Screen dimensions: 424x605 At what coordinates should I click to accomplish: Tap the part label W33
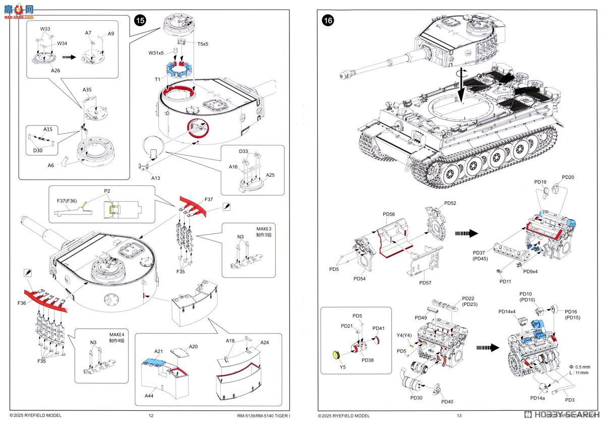(x=45, y=29)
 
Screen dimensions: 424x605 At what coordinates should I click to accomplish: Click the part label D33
(x=244, y=152)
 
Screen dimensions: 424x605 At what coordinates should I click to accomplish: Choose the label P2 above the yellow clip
(x=107, y=191)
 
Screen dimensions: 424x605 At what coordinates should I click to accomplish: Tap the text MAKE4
(x=116, y=335)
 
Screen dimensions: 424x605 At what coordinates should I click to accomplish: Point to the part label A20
(x=194, y=346)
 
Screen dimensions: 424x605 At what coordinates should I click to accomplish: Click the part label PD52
(x=450, y=203)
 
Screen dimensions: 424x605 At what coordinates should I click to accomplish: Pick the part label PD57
(x=425, y=282)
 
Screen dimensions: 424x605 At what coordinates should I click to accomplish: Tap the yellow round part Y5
(x=334, y=356)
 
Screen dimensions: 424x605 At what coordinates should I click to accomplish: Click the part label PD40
(x=447, y=401)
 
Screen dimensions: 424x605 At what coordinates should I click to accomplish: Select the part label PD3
(x=570, y=400)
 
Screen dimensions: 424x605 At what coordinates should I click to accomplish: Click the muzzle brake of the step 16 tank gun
(x=345, y=75)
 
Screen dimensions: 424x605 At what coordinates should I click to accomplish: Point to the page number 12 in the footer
(x=151, y=416)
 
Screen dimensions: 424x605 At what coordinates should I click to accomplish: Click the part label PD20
(x=568, y=177)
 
